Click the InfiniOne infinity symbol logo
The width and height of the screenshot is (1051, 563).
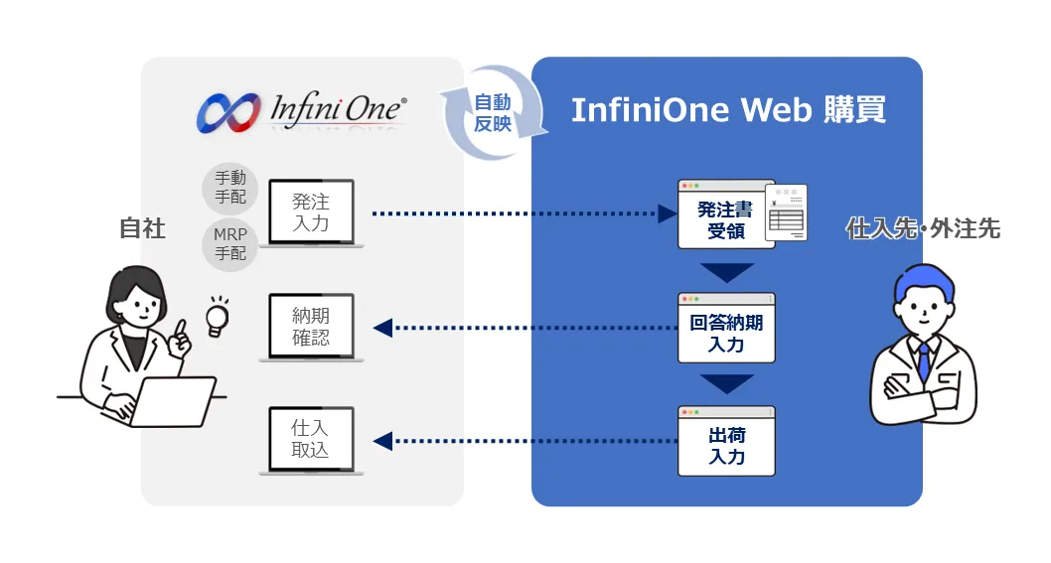click(x=228, y=112)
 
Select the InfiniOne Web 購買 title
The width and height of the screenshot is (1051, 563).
click(x=728, y=110)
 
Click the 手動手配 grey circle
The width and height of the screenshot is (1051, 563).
click(x=229, y=188)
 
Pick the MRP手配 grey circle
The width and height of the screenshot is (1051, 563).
click(x=229, y=244)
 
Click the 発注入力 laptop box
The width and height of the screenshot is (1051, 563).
click(x=311, y=213)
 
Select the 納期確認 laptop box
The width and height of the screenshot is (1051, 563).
click(x=311, y=327)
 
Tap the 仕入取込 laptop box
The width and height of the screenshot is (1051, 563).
click(x=311, y=440)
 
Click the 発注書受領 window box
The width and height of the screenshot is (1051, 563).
click(x=726, y=214)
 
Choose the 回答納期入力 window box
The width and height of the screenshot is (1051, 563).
click(x=726, y=328)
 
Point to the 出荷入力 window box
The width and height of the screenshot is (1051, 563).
click(x=726, y=441)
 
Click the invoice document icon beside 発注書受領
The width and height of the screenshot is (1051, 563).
click(x=789, y=211)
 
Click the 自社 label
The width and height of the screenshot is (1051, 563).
click(x=142, y=228)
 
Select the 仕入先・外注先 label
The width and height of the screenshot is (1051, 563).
click(x=923, y=229)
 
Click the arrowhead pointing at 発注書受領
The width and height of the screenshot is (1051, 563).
click(x=667, y=213)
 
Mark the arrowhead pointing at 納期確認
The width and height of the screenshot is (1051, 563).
click(x=382, y=328)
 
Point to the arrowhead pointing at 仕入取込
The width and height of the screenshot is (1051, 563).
click(x=382, y=441)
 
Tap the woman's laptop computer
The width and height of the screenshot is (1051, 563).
click(x=174, y=401)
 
